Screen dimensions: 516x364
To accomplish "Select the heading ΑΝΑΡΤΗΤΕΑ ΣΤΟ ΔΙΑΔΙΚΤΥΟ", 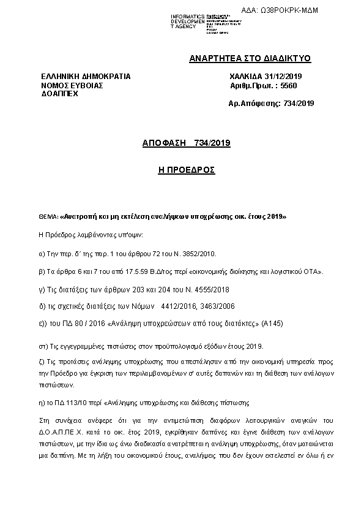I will click(250, 59).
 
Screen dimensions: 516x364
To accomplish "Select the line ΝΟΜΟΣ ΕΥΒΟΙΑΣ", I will click(72, 86).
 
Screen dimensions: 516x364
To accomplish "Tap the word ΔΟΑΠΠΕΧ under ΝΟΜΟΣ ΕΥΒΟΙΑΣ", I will click(59, 96).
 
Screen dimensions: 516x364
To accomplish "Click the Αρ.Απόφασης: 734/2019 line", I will click(271, 104).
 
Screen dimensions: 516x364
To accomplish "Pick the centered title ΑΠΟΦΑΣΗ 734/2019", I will click(182, 143).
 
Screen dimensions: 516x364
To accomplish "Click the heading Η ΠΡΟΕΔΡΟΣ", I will click(182, 168).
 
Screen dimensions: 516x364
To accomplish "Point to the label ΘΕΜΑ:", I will click(48, 217).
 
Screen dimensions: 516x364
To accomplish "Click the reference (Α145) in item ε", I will click(272, 323).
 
